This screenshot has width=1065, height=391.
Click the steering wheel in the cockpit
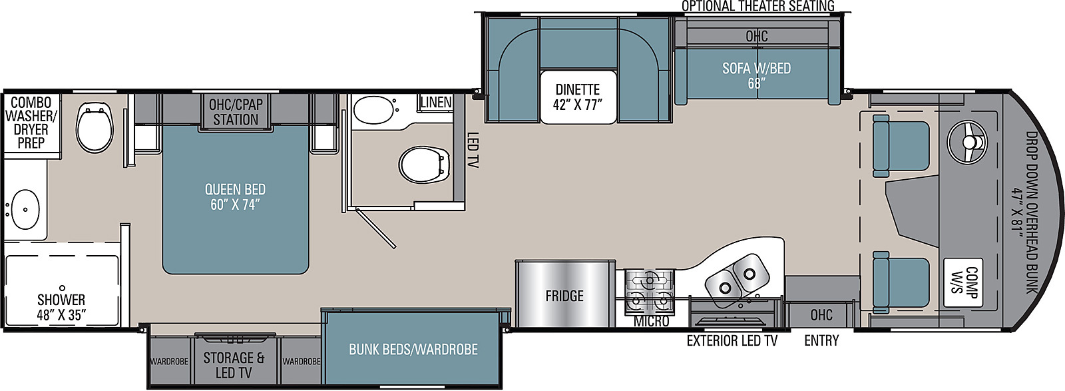coord(967,142)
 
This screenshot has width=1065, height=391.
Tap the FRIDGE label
coord(564,296)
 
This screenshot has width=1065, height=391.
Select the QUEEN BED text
coord(235,189)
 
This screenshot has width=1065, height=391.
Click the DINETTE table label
coord(578,89)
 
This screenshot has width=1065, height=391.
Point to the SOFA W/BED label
coord(756,69)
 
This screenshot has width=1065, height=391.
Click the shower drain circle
coord(62,288)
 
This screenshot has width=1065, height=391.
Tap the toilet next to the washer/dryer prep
coord(95,127)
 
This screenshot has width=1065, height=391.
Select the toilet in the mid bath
coord(424,165)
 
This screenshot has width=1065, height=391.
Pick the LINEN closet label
coord(436,103)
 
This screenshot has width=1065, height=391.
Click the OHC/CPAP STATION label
coord(236,112)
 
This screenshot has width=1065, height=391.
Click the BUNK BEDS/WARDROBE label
coord(413,350)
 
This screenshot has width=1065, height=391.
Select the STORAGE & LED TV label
coord(234,365)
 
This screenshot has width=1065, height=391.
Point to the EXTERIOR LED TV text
coord(732,340)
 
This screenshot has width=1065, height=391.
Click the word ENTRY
coord(821,340)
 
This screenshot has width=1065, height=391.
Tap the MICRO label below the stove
coord(652,322)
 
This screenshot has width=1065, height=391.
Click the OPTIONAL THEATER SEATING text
coord(758,6)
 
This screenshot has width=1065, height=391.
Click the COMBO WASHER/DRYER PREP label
coord(31,123)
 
